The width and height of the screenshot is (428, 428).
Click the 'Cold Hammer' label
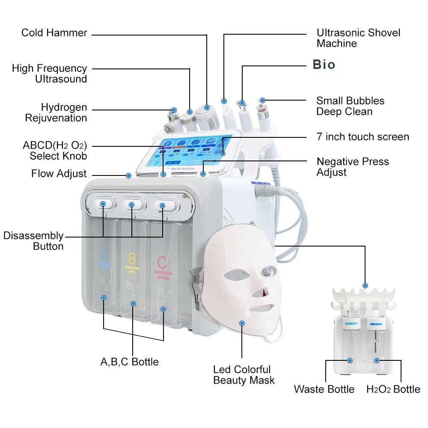54,33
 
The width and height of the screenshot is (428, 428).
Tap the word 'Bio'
324,65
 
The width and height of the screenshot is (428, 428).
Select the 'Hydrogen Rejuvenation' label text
56,113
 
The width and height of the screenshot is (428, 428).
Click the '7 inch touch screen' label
363,137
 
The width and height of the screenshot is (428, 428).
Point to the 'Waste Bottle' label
324,389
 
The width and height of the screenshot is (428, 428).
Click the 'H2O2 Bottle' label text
393,389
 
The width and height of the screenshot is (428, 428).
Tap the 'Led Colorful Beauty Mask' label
244,374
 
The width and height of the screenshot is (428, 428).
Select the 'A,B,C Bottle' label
129,362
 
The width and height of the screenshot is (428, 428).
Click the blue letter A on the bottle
103,257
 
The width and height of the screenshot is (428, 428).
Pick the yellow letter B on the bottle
132,259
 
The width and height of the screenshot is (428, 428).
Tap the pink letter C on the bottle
162,262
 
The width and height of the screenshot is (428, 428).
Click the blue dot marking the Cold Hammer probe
207,107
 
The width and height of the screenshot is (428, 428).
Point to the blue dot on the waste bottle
350,361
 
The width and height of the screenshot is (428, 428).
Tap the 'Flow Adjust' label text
59,174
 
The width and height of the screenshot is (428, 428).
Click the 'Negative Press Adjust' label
353,167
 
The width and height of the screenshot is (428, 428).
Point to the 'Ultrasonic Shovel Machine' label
358,38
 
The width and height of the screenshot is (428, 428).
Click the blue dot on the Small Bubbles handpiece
262,100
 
